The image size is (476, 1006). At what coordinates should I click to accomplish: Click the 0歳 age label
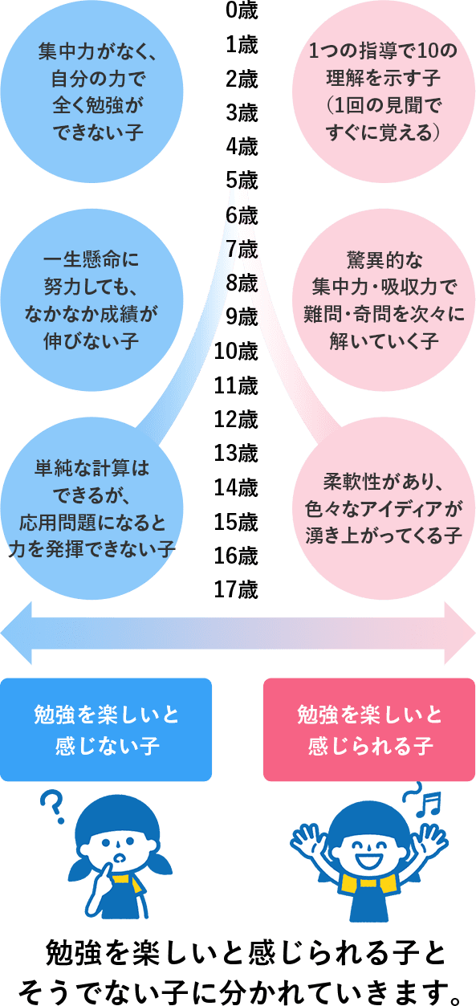242,10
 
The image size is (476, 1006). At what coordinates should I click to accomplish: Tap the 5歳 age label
242,181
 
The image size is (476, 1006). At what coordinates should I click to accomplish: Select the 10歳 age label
236,351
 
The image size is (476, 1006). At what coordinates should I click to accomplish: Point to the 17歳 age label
236,589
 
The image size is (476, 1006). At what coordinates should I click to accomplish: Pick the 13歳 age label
236,453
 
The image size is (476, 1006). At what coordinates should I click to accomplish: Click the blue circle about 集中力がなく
92,92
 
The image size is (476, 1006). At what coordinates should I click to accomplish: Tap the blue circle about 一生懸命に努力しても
92,299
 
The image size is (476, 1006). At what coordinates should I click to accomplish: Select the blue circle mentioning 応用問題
92,508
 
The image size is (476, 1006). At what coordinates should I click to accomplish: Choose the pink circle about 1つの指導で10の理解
384,92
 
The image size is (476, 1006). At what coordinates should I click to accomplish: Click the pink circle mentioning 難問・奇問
384,299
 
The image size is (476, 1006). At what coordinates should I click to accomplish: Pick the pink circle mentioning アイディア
384,508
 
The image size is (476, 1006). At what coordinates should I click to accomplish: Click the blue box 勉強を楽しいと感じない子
106,730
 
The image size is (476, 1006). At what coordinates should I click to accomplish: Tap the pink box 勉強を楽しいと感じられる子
369,730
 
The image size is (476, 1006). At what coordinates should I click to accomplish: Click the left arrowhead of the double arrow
16,633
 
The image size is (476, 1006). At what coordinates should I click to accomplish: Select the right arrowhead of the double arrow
460,633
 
